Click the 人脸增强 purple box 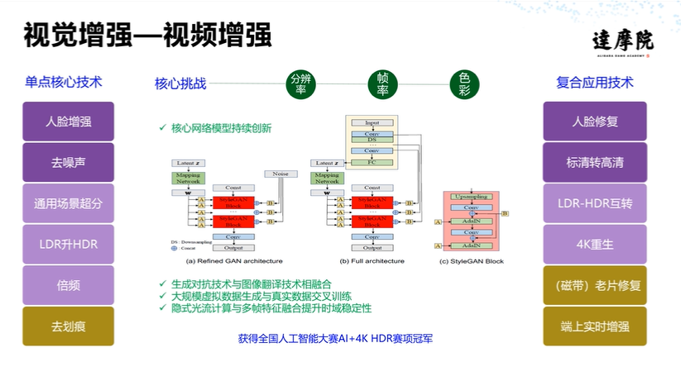(69, 121)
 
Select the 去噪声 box (69, 163)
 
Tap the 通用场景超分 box (69, 203)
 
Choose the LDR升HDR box (69, 245)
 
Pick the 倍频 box (69, 285)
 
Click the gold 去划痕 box (69, 326)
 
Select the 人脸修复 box (594, 121)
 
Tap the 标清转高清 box (594, 163)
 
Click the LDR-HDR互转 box (594, 203)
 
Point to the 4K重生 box (594, 245)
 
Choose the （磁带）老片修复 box (594, 285)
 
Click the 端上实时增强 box (594, 326)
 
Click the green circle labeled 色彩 (464, 83)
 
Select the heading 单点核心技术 (64, 83)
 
